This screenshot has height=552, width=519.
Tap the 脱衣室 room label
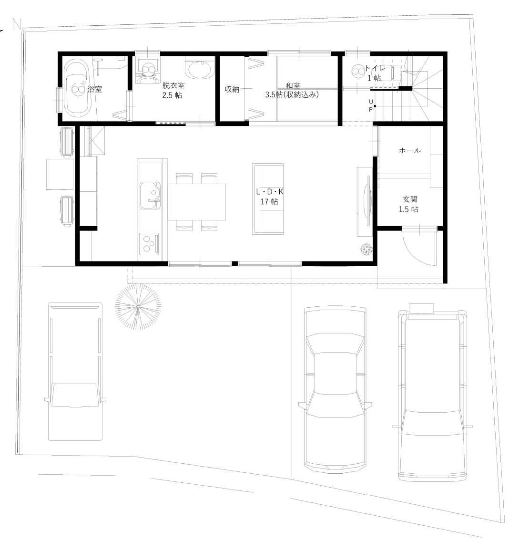point(173,90)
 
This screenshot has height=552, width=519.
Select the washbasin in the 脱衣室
point(200,70)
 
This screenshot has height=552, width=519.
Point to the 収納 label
point(232,89)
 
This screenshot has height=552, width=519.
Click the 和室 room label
point(292,90)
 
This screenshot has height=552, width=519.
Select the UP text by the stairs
point(370,105)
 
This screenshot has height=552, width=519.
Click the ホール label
point(409,151)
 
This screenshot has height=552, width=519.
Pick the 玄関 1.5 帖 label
point(409,205)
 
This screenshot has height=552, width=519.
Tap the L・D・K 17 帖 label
point(269,197)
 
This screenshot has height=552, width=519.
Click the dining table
point(196,201)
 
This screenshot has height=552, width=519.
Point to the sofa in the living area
point(268,198)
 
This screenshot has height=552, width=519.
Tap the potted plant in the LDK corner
point(366,250)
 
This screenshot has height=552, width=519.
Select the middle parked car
point(336,389)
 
